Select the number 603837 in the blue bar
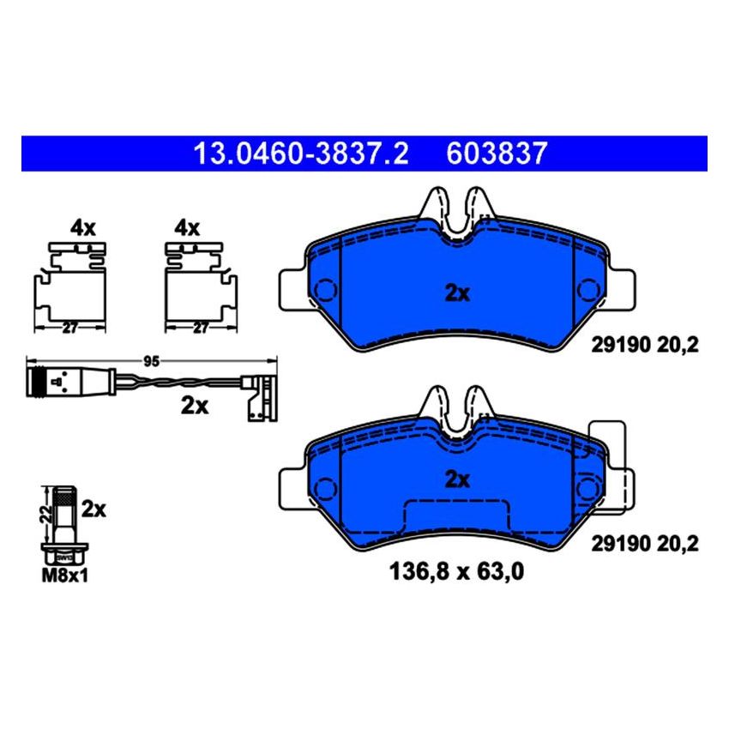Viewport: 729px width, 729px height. [496, 154]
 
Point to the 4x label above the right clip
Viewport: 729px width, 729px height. [187, 228]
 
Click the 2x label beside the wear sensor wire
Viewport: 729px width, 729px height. [196, 407]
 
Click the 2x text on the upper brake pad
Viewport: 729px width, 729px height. [458, 293]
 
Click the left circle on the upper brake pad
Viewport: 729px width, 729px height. [327, 292]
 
